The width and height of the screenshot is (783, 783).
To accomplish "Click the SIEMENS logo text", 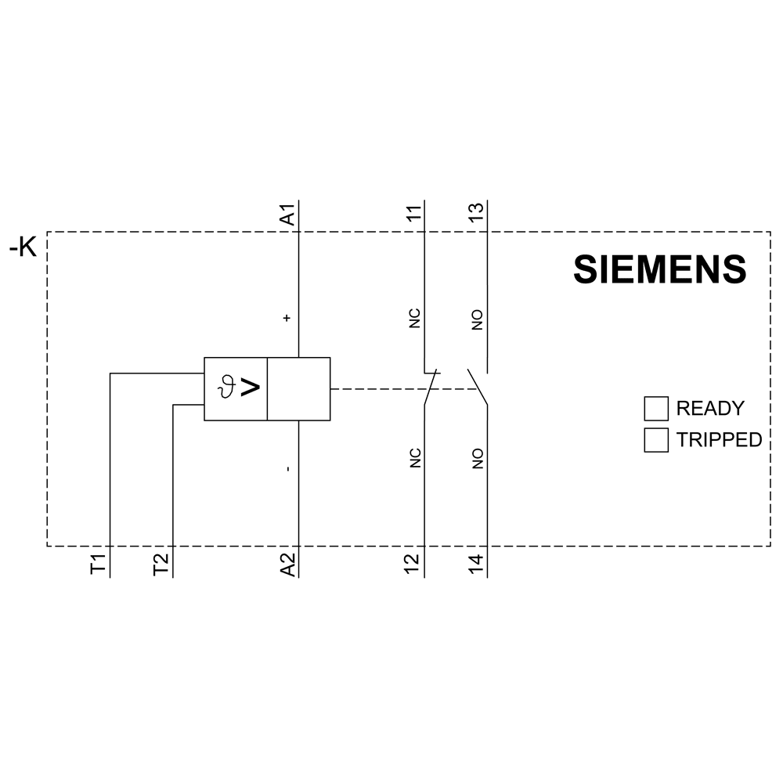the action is pos(659,269).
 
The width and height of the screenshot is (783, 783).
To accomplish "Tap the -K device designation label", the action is pos(23,247).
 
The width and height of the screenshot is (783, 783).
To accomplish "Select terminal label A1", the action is pos(288,215).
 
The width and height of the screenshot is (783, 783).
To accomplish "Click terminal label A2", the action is pos(288,565).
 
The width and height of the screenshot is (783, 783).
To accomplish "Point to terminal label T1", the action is pos(99,565).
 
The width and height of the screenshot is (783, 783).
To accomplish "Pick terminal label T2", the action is pos(161,565).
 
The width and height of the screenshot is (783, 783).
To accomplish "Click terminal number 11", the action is pos(414,212).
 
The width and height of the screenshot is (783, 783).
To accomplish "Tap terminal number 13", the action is pos(477,212).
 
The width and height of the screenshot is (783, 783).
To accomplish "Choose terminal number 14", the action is pos(477,565).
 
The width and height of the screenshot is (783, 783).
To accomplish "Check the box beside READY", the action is pos(656,409).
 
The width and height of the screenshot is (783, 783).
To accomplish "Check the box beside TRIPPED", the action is pos(656,440).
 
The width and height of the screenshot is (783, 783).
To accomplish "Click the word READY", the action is pos(710,409).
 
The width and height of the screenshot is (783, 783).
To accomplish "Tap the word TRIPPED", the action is pos(719,440).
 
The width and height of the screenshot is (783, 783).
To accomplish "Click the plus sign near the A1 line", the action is pos(287,318).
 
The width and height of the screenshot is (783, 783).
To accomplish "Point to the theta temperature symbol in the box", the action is pos(227,388).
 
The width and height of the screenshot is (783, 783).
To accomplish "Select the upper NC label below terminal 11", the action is pos(414,319).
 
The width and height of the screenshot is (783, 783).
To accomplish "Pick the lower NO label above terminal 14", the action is pos(478,458).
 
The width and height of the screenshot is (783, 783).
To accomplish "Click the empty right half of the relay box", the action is pos(298,389).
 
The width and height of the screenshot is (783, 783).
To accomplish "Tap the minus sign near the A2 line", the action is pos(287,469).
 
